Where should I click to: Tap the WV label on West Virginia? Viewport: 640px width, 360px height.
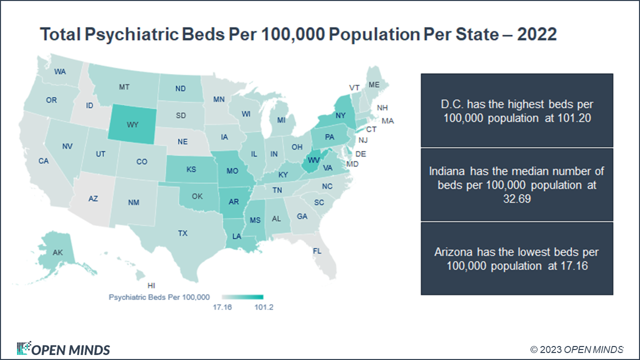(313, 159)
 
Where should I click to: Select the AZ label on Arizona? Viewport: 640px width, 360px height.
(93, 198)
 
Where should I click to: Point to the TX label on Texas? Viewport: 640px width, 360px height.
(182, 233)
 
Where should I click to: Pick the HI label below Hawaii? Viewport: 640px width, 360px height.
(151, 285)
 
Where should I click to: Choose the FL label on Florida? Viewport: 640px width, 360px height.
(317, 250)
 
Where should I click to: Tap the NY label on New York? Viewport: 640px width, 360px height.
(341, 115)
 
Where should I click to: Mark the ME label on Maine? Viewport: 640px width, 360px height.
(374, 85)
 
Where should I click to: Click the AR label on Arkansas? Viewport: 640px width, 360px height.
(234, 202)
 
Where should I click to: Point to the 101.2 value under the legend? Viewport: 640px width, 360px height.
(263, 307)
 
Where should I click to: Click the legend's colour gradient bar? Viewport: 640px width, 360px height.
(242, 297)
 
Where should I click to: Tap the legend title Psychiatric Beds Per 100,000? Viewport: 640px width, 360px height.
(159, 297)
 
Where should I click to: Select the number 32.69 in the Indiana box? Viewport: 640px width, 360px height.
(517, 198)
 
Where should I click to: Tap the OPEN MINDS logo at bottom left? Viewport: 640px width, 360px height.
(63, 349)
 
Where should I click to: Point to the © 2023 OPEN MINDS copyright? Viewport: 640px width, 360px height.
(577, 349)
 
